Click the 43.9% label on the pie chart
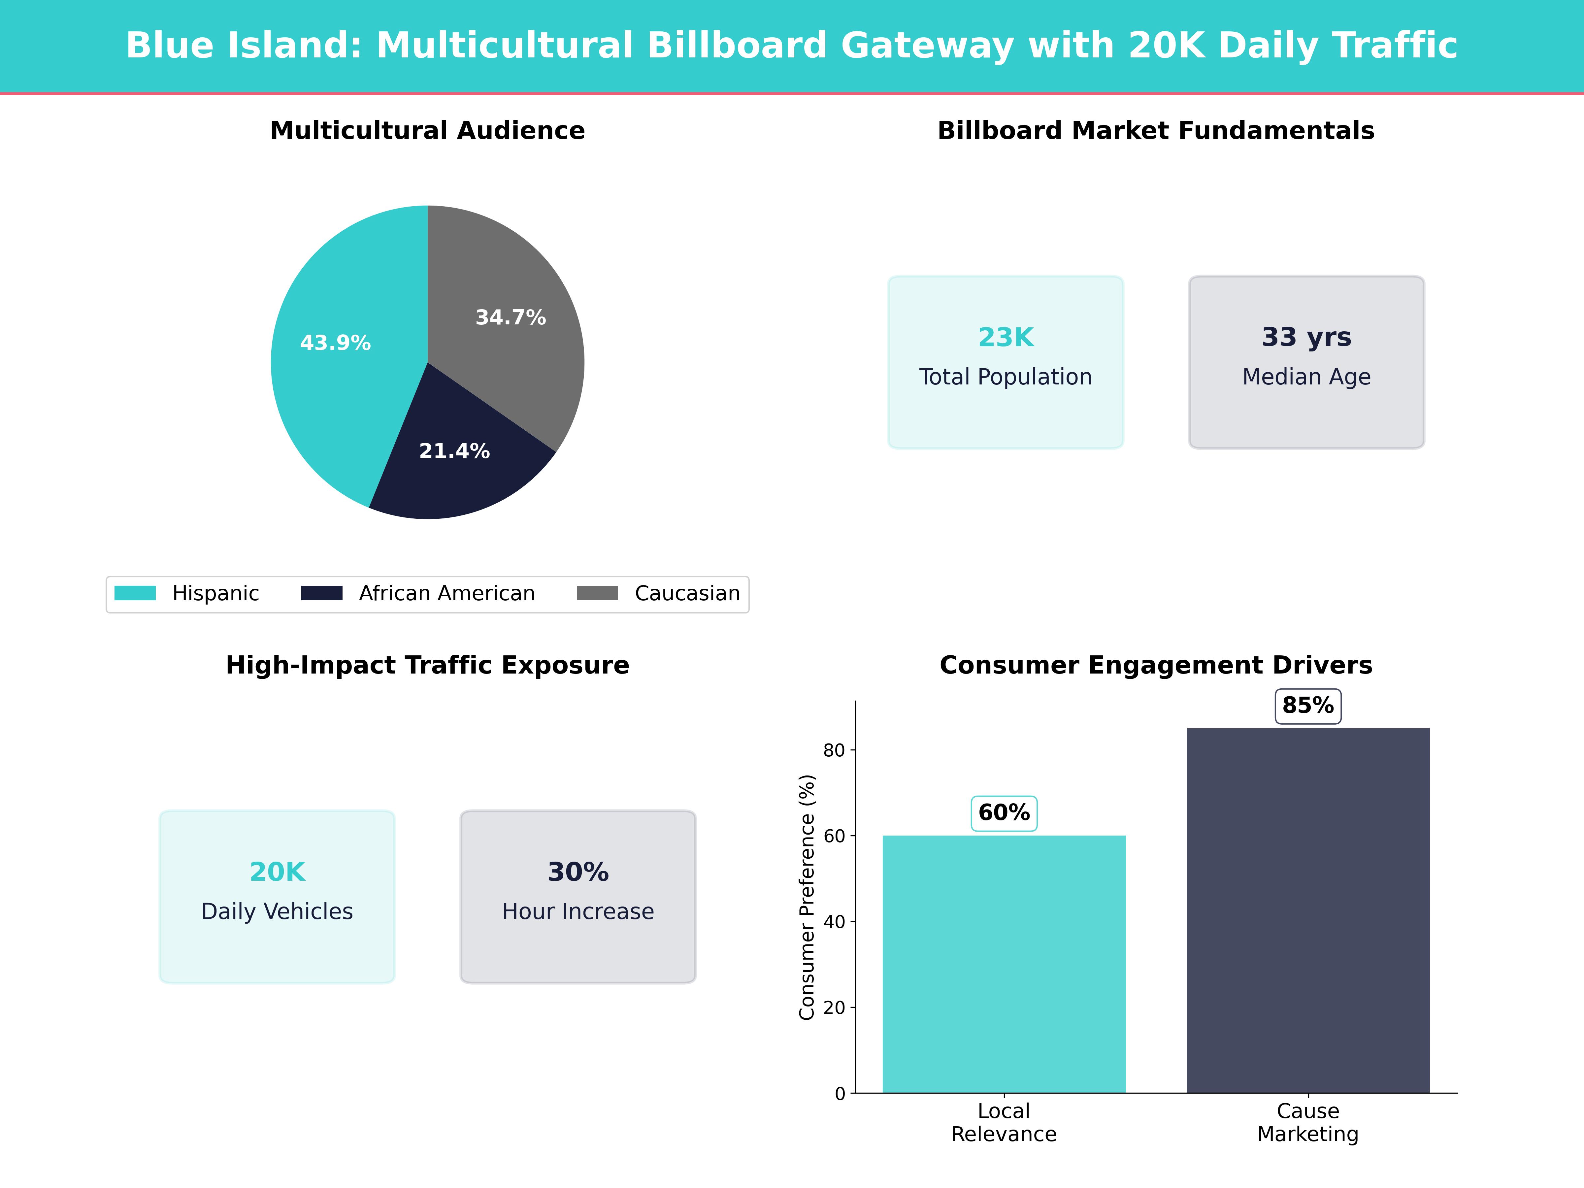pyautogui.click(x=335, y=343)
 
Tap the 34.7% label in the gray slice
pyautogui.click(x=511, y=317)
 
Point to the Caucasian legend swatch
pyautogui.click(x=597, y=593)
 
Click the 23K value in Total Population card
pyautogui.click(x=1006, y=337)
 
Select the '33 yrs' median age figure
pyautogui.click(x=1306, y=337)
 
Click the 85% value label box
pyautogui.click(x=1307, y=705)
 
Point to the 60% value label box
pyautogui.click(x=1004, y=813)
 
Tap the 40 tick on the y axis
pyautogui.click(x=834, y=922)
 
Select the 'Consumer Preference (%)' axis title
pyautogui.click(x=807, y=897)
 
